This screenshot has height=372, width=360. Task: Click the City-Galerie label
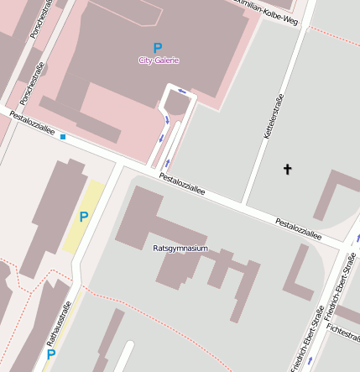(x=159, y=60)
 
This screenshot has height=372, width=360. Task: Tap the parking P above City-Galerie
(x=157, y=48)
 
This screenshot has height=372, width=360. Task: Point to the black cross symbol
(x=287, y=170)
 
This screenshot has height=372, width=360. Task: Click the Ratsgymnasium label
(x=180, y=249)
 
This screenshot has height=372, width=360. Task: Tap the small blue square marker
(x=63, y=136)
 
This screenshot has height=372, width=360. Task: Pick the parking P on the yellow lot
(x=84, y=217)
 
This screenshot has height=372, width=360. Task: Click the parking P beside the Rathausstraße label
(x=50, y=355)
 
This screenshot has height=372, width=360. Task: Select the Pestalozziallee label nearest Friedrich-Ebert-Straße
(x=299, y=229)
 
